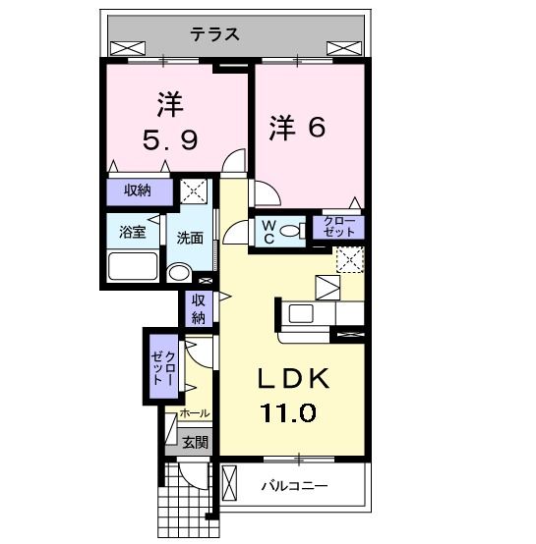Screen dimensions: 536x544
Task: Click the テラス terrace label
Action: (215, 34)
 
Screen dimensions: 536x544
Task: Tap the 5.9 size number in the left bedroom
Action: (170, 139)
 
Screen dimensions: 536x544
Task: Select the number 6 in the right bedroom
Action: (316, 127)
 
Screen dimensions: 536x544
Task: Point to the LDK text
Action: (293, 378)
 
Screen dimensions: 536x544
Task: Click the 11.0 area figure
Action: (289, 412)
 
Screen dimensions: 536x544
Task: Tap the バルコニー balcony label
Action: (295, 485)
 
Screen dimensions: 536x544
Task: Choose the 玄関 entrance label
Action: (196, 442)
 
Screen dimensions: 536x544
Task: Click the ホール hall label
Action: (195, 413)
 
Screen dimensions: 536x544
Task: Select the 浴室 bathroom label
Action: (133, 232)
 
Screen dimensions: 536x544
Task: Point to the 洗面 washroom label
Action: (190, 238)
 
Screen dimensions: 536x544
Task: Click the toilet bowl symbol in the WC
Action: (290, 231)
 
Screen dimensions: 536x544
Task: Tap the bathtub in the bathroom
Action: (133, 266)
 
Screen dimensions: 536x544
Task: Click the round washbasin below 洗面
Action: (179, 273)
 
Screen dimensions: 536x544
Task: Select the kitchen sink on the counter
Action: (301, 313)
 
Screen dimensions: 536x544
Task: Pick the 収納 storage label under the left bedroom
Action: (138, 190)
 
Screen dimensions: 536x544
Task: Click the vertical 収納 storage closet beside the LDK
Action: (199, 309)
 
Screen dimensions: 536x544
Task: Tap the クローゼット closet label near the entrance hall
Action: (163, 367)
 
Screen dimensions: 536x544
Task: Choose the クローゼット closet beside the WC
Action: (338, 227)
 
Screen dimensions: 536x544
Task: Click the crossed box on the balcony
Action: (229, 483)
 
